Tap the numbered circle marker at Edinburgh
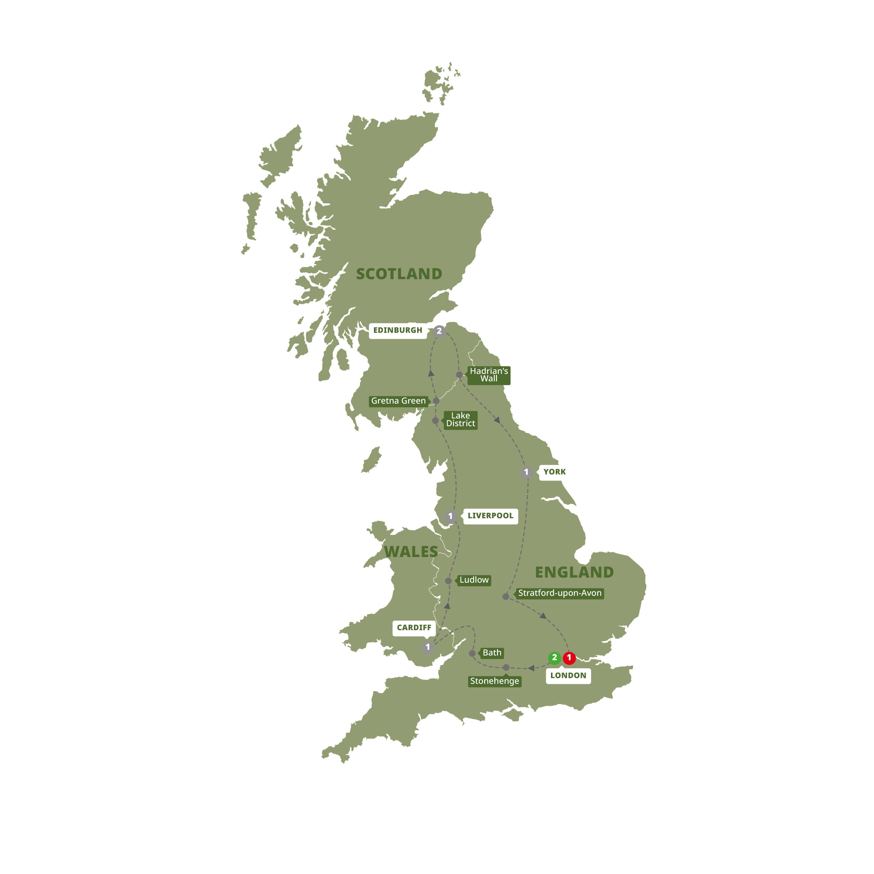coord(439,331)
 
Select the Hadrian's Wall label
coord(489,375)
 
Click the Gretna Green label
coord(398,401)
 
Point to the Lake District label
coord(461,420)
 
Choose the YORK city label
coord(554,472)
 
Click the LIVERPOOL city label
coord(490,516)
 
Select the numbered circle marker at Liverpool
coord(450,516)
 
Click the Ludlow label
coord(474,580)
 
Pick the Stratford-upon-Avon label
coord(560,593)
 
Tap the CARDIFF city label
coord(414,628)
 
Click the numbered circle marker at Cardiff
coord(428,647)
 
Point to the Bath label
coord(492,653)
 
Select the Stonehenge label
coord(494,681)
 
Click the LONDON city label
coord(568,676)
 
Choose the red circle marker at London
coord(569,658)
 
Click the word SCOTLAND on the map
coord(399,274)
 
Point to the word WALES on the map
coord(411,552)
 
